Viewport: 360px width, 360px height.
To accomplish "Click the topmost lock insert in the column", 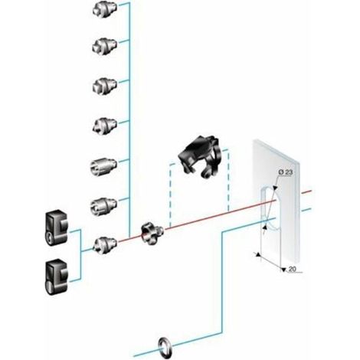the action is (x=105, y=9).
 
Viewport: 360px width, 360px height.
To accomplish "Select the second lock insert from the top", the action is (x=105, y=47).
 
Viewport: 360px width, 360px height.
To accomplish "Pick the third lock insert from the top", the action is (x=105, y=86).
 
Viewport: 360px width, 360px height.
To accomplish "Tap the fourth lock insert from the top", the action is (x=105, y=126).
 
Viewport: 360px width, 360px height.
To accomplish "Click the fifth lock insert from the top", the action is (x=103, y=166).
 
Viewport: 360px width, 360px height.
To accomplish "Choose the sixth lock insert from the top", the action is (x=103, y=206).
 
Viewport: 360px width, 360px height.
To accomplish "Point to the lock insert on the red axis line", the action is (x=105, y=245).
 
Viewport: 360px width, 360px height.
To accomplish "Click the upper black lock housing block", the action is (x=56, y=228).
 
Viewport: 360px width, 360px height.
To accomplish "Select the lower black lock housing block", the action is (x=57, y=277).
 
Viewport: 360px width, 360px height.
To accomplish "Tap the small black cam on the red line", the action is (x=152, y=234).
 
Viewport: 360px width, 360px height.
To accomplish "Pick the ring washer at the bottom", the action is (x=165, y=345).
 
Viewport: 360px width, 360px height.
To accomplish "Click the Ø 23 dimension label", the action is (x=285, y=172).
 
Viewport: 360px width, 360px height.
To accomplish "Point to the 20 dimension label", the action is (x=292, y=269).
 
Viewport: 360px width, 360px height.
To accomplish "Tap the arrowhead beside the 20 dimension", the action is (x=283, y=269).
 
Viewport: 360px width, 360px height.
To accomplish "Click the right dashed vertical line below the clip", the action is (x=228, y=179).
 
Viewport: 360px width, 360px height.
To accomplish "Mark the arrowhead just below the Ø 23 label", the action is (x=275, y=188).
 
